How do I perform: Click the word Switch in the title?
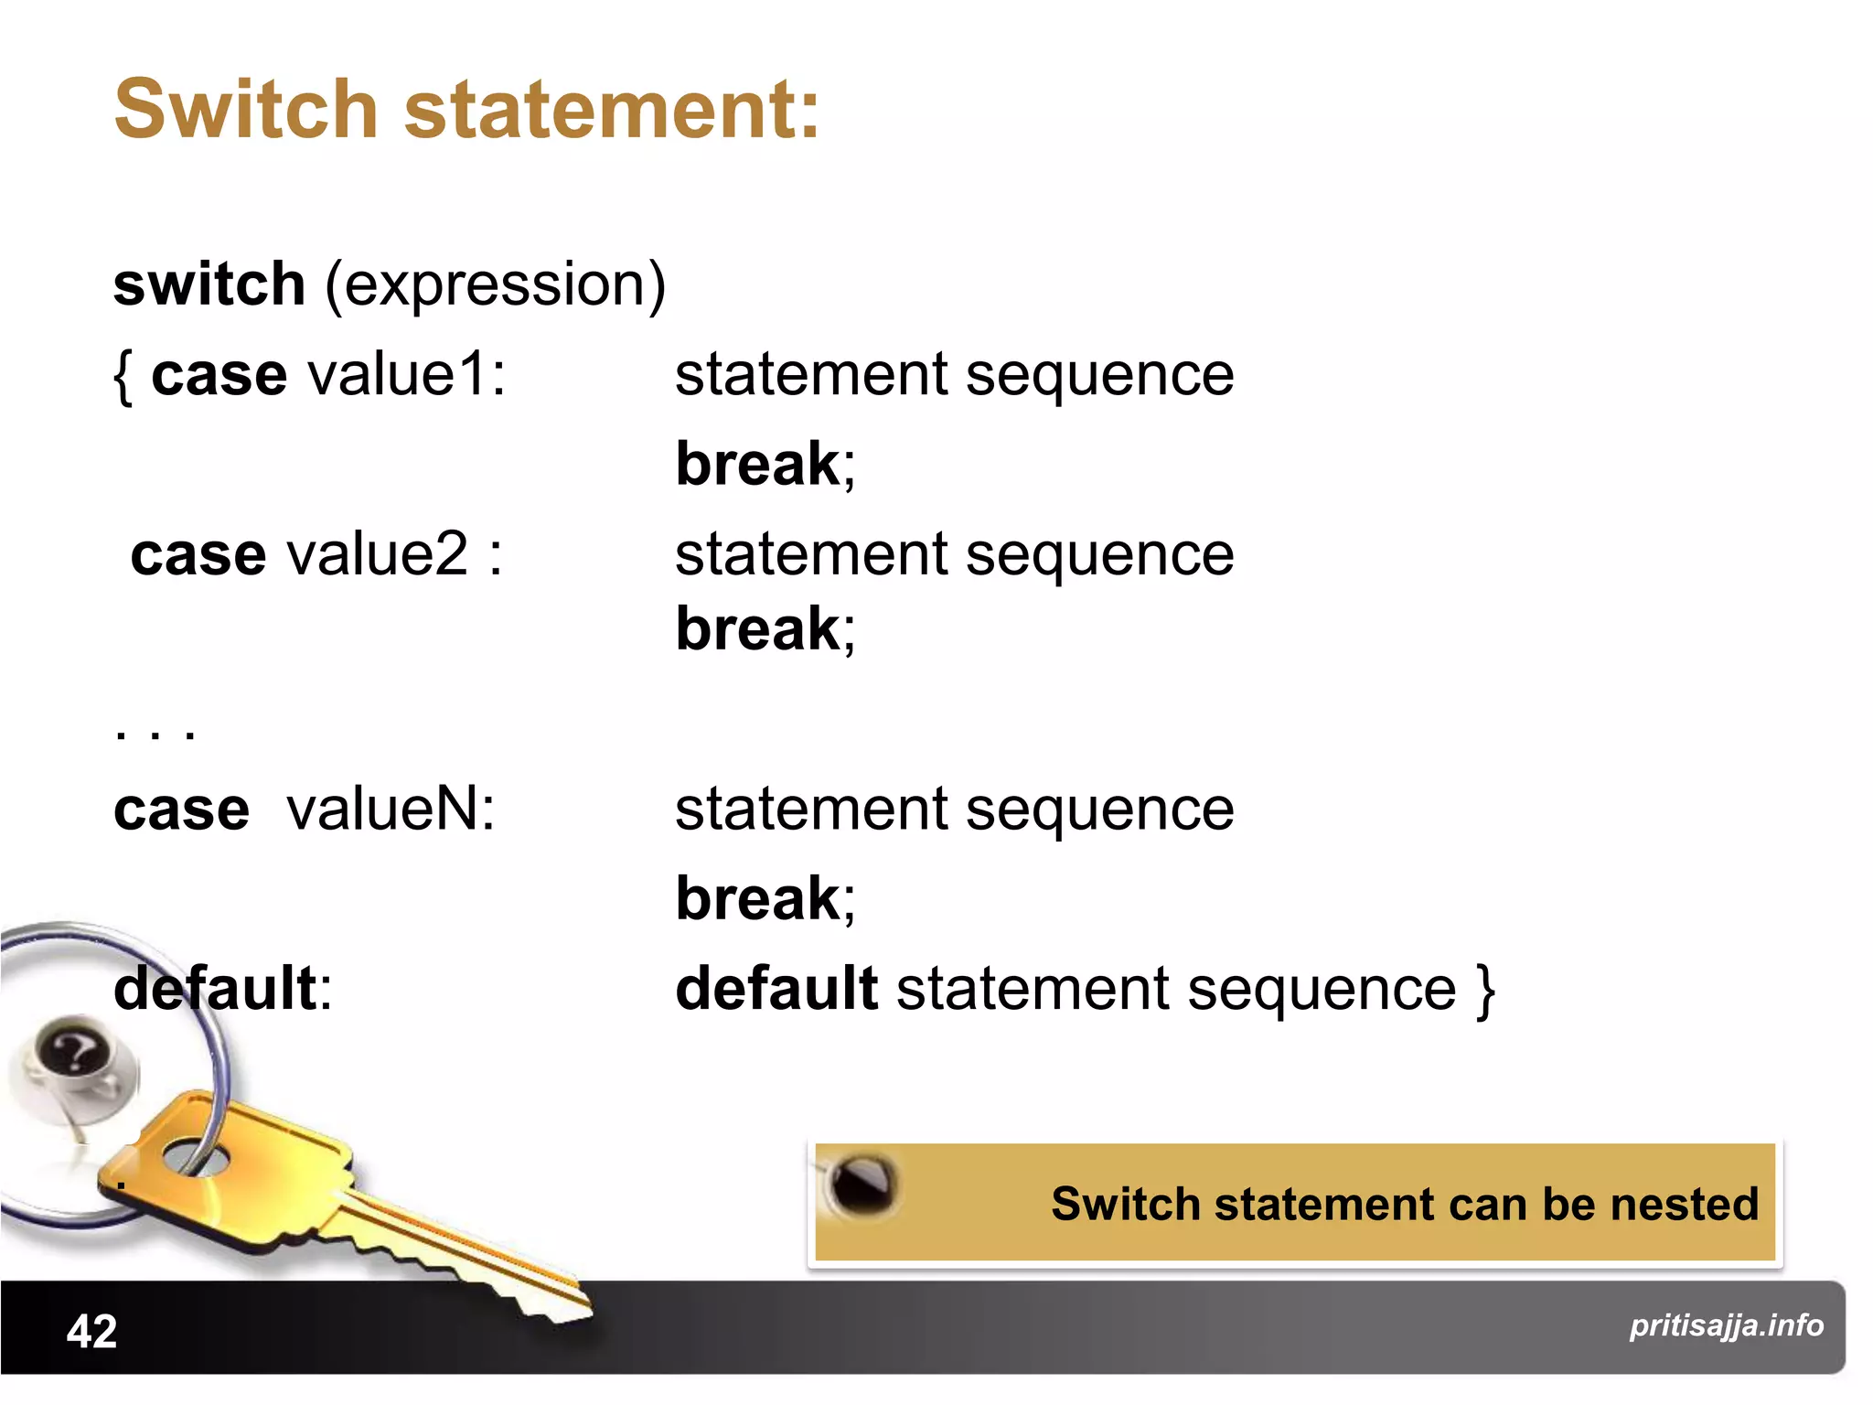pyautogui.click(x=245, y=110)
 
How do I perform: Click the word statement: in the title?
pyautogui.click(x=611, y=110)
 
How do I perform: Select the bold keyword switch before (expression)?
pyautogui.click(x=209, y=284)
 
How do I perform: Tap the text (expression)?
pyautogui.click(x=495, y=285)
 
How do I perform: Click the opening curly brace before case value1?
pyautogui.click(x=123, y=377)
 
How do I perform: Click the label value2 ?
pyautogui.click(x=394, y=554)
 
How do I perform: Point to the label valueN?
pyautogui.click(x=391, y=810)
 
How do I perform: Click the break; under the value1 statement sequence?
pyautogui.click(x=765, y=465)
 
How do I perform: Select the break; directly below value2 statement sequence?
pyautogui.click(x=765, y=629)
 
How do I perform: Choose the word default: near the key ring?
pyautogui.click(x=222, y=989)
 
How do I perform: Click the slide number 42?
pyautogui.click(x=91, y=1331)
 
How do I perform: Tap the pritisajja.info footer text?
pyautogui.click(x=1726, y=1325)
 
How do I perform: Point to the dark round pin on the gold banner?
pyautogui.click(x=861, y=1184)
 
